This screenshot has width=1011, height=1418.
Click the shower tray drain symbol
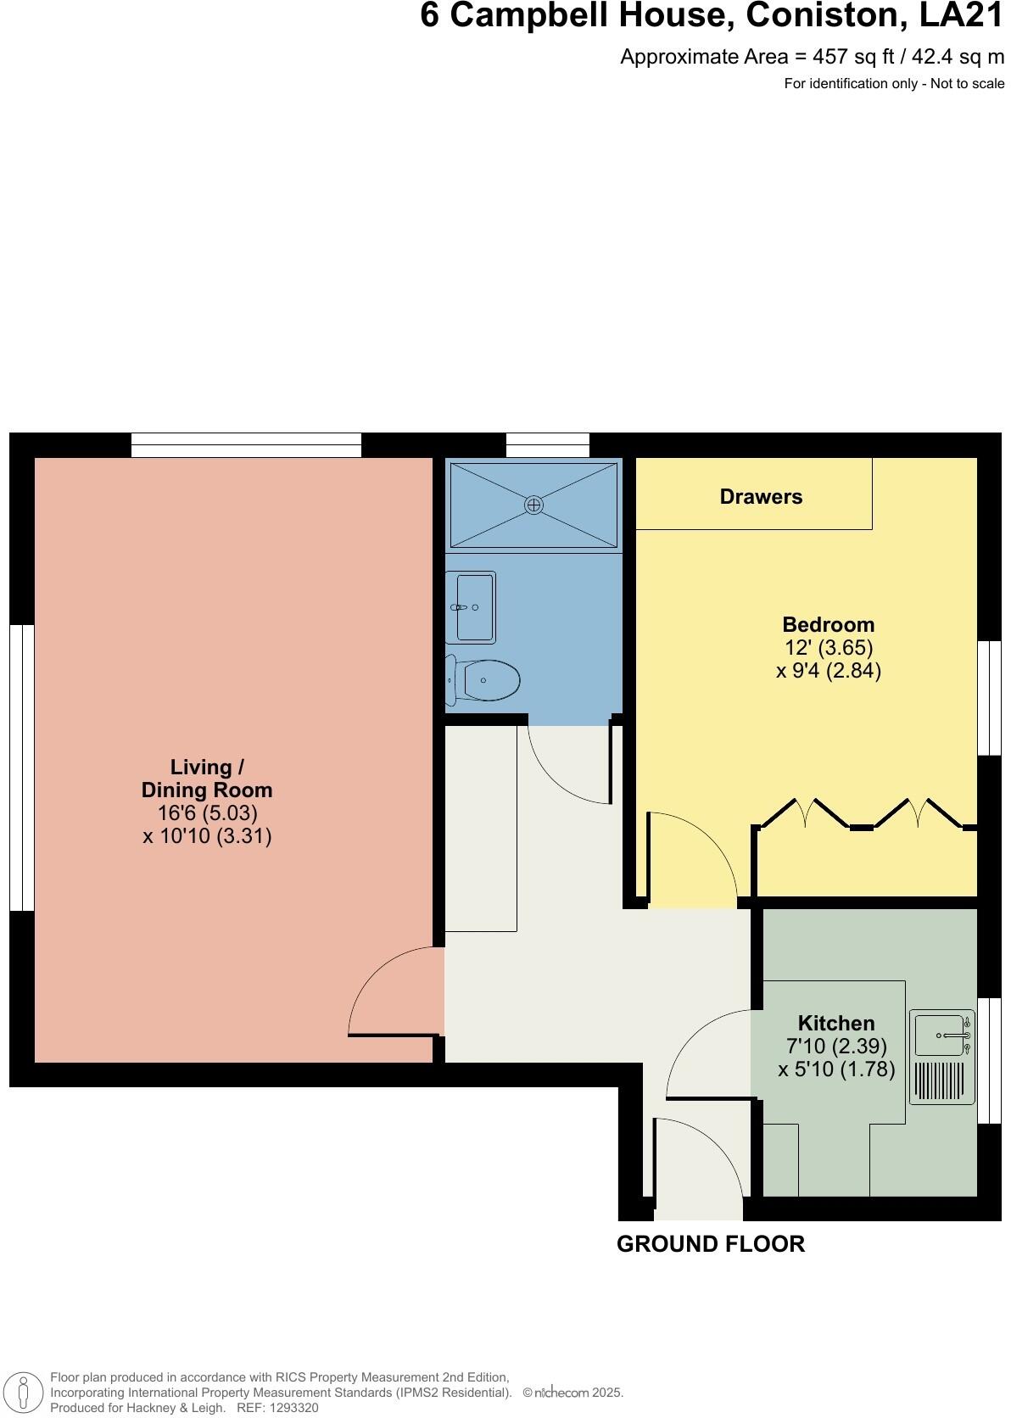[x=533, y=505]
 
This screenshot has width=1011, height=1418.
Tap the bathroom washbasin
[x=473, y=607]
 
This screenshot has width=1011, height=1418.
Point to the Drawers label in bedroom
[x=761, y=497]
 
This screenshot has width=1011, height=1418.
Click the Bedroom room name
[x=828, y=625]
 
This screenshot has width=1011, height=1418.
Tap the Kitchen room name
[x=835, y=1023]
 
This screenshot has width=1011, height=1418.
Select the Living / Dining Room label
[x=207, y=779]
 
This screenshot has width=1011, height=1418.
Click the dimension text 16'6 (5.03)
[x=207, y=812]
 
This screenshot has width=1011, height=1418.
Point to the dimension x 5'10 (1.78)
[x=836, y=1069]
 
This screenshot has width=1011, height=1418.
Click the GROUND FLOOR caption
[x=710, y=1244]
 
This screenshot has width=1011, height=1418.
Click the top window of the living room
[x=246, y=444]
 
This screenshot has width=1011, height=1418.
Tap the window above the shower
[x=547, y=444]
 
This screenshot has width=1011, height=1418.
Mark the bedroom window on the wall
[x=989, y=697]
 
